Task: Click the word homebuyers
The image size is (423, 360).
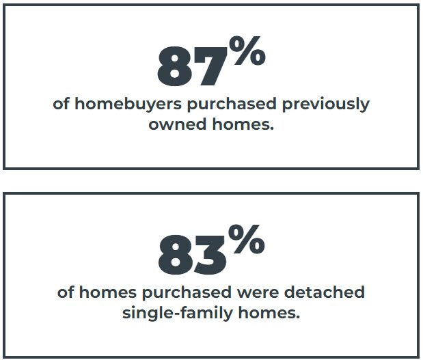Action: tap(128, 104)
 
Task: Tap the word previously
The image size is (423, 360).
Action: tap(326, 104)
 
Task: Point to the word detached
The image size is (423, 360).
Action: tap(325, 292)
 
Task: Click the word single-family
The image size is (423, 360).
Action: tap(178, 314)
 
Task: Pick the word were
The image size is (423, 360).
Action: tap(258, 293)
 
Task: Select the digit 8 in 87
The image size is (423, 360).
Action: tap(175, 66)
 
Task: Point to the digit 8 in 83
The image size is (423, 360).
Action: tap(176, 255)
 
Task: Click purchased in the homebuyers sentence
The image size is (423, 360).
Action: tap(232, 105)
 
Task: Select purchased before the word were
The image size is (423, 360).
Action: tap(187, 293)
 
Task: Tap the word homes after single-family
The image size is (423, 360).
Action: tap(267, 313)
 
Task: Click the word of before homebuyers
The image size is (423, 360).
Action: tap(61, 104)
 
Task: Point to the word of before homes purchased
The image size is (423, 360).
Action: tap(66, 292)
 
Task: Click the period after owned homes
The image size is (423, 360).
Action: tap(271, 128)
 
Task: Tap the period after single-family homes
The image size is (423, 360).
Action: tap(297, 318)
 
